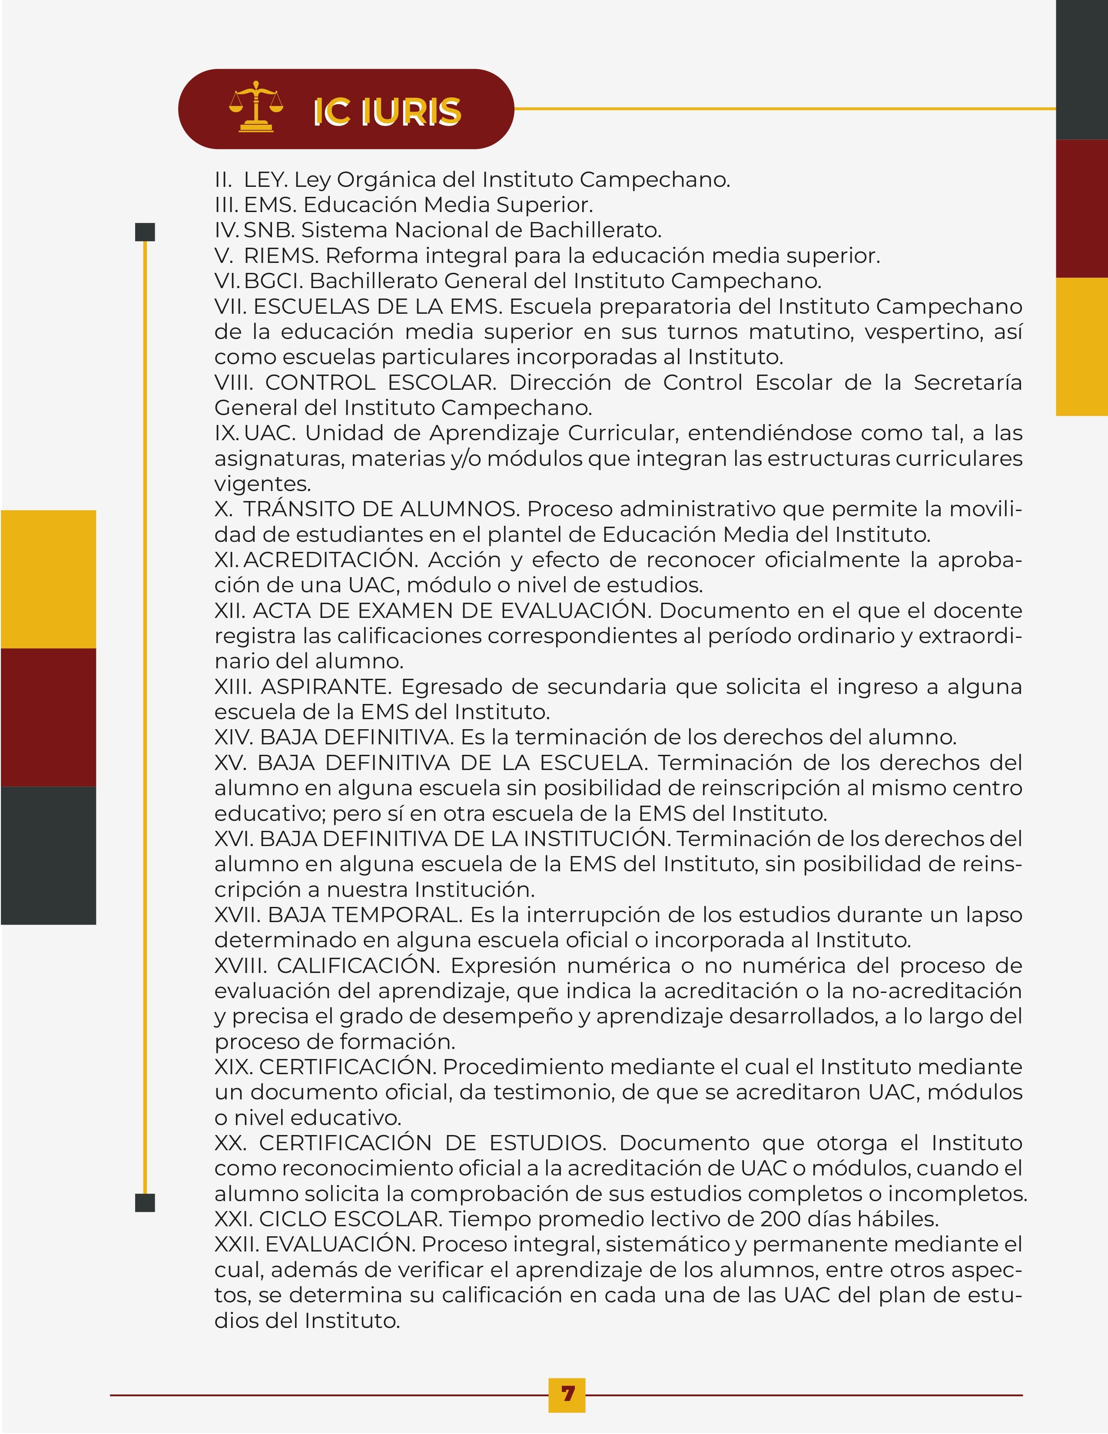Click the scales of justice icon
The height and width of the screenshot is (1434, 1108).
pos(256,107)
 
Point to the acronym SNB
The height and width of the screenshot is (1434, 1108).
pos(269,230)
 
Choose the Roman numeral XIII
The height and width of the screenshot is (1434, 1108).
pos(233,687)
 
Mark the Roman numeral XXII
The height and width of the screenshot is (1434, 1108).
pos(236,1244)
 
